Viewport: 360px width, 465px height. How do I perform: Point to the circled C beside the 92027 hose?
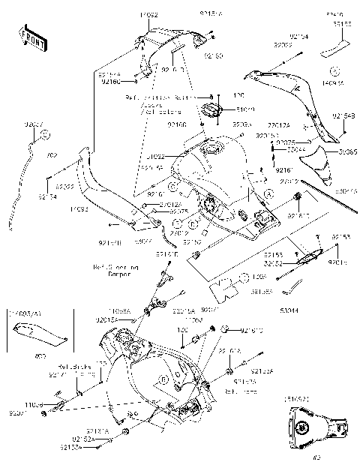tap(44, 134)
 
